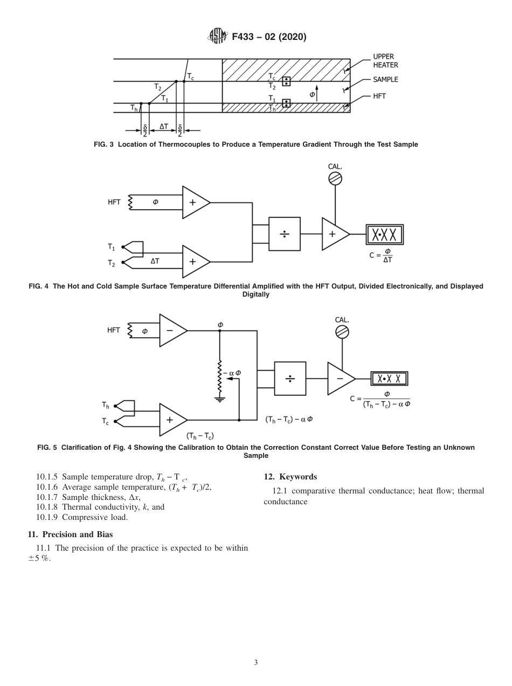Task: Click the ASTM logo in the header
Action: (x=215, y=37)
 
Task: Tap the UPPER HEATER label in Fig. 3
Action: (x=385, y=60)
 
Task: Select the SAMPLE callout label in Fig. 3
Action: (x=385, y=79)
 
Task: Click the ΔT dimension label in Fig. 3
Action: (x=163, y=126)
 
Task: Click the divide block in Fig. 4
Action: (x=284, y=234)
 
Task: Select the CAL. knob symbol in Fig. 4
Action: (x=335, y=179)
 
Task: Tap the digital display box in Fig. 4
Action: (x=385, y=235)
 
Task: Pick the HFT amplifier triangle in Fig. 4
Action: (x=195, y=203)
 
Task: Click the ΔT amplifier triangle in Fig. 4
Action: (x=195, y=261)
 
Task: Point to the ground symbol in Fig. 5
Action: (x=220, y=399)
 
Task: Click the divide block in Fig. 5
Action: (x=290, y=379)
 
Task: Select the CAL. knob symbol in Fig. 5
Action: (x=342, y=332)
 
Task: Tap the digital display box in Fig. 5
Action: (x=389, y=379)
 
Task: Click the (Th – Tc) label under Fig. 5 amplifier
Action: (x=200, y=435)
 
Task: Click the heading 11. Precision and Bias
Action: (x=70, y=534)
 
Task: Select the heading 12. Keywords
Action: (x=290, y=476)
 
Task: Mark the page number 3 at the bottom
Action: (x=255, y=663)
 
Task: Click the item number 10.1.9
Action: (x=47, y=517)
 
